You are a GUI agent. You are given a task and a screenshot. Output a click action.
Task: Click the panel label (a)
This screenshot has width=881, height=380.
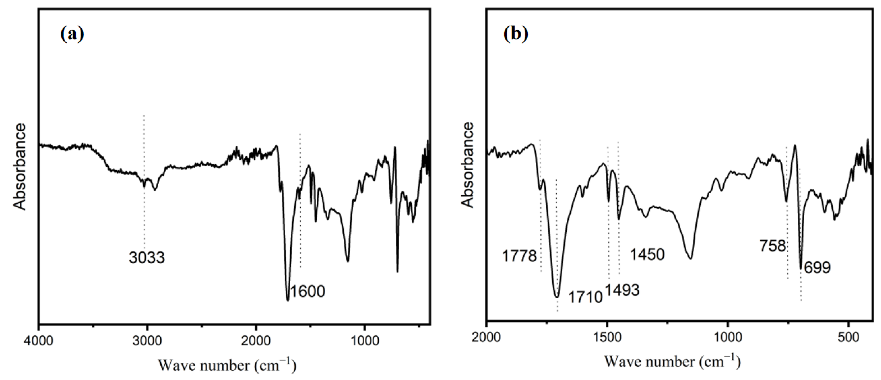pos(72,34)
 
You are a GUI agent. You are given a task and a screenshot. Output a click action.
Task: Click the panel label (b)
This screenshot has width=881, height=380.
pos(515,34)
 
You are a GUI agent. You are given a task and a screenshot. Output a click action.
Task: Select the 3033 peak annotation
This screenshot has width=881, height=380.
pos(147,257)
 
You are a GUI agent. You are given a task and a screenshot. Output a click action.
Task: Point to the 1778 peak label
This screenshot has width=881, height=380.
pos(519,256)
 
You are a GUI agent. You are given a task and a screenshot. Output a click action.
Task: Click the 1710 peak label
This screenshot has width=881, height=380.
pos(585,297)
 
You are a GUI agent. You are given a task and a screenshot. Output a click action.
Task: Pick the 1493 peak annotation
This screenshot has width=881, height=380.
pos(622,290)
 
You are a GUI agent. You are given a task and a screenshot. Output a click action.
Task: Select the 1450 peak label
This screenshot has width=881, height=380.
pos(647,254)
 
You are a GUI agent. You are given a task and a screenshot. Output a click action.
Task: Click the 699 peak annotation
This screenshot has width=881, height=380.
pos(817,267)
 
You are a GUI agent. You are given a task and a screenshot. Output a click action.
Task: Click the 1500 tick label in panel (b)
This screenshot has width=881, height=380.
pos(607,337)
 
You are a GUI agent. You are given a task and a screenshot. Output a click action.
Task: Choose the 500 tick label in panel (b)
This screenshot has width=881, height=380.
pos(848,337)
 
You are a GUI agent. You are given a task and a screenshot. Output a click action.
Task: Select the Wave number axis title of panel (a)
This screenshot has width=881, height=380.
pos(227,365)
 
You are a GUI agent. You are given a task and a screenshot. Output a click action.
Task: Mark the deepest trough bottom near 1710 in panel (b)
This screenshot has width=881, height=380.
pos(557,297)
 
